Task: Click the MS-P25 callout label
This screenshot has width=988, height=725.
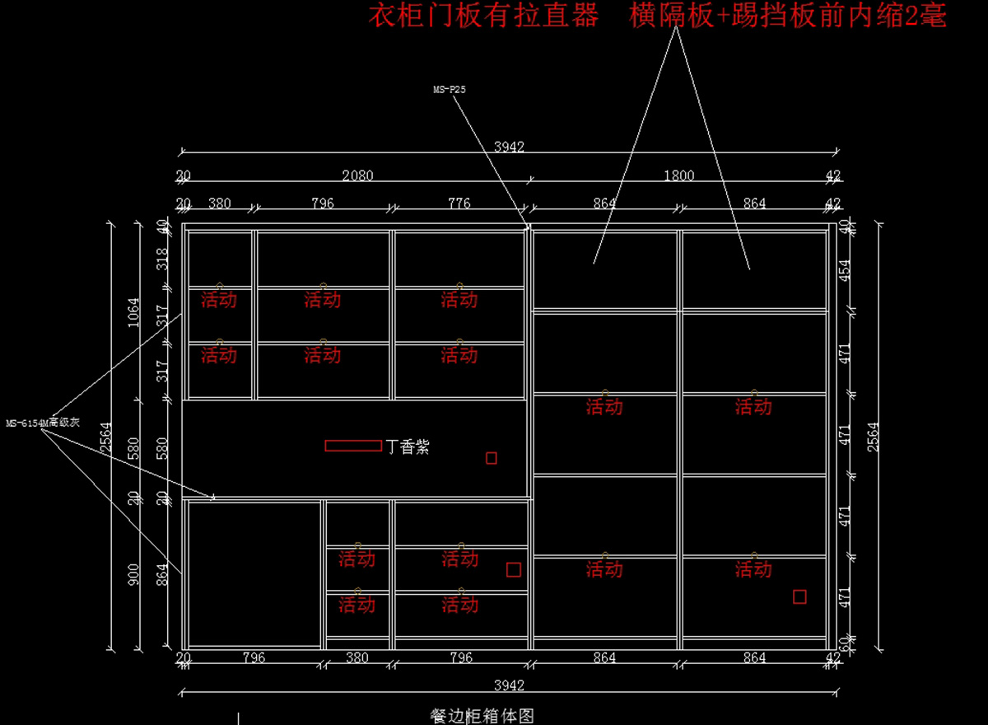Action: (450, 90)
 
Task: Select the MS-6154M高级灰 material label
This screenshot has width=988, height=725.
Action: (42, 423)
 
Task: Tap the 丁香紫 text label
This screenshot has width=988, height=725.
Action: (408, 447)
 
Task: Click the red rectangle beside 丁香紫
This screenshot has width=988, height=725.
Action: (353, 446)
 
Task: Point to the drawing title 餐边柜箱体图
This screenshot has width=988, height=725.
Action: (487, 716)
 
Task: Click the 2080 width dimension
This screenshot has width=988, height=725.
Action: (357, 175)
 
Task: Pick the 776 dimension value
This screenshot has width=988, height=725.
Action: (459, 203)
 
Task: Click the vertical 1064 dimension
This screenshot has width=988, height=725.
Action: (133, 312)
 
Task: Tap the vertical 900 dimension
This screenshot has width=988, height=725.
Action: (133, 574)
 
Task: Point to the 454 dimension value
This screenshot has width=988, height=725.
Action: (844, 271)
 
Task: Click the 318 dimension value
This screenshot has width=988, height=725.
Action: (162, 259)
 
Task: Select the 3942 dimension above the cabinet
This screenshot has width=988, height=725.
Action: (509, 147)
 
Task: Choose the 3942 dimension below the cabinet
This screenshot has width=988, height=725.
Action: (509, 685)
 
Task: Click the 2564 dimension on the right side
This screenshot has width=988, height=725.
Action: (874, 434)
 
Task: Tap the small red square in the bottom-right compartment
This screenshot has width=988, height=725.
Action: (799, 596)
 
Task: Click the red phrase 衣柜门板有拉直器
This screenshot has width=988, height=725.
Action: (482, 16)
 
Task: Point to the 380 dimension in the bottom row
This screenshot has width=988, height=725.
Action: (357, 657)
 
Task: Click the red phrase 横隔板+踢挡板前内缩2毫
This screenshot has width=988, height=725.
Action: (788, 16)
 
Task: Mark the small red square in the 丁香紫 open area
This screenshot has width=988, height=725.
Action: (492, 458)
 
